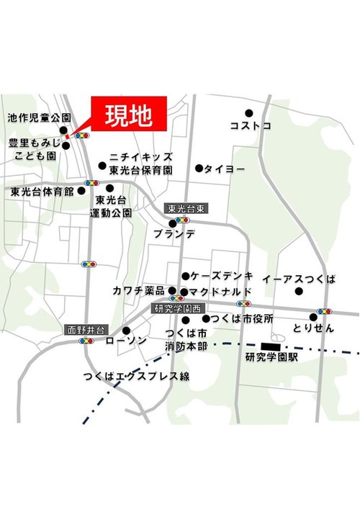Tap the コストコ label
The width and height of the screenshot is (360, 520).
tap(251, 126)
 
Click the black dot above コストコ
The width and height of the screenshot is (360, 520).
tap(249, 113)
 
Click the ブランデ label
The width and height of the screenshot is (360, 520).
tap(174, 234)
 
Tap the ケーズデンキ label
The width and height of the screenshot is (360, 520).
tap(222, 276)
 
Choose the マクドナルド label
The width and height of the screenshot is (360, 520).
tap(221, 292)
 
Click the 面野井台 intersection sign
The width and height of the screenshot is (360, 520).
tap(86, 330)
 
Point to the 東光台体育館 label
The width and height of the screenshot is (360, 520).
tap(42, 192)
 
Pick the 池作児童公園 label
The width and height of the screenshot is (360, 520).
tap(40, 117)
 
